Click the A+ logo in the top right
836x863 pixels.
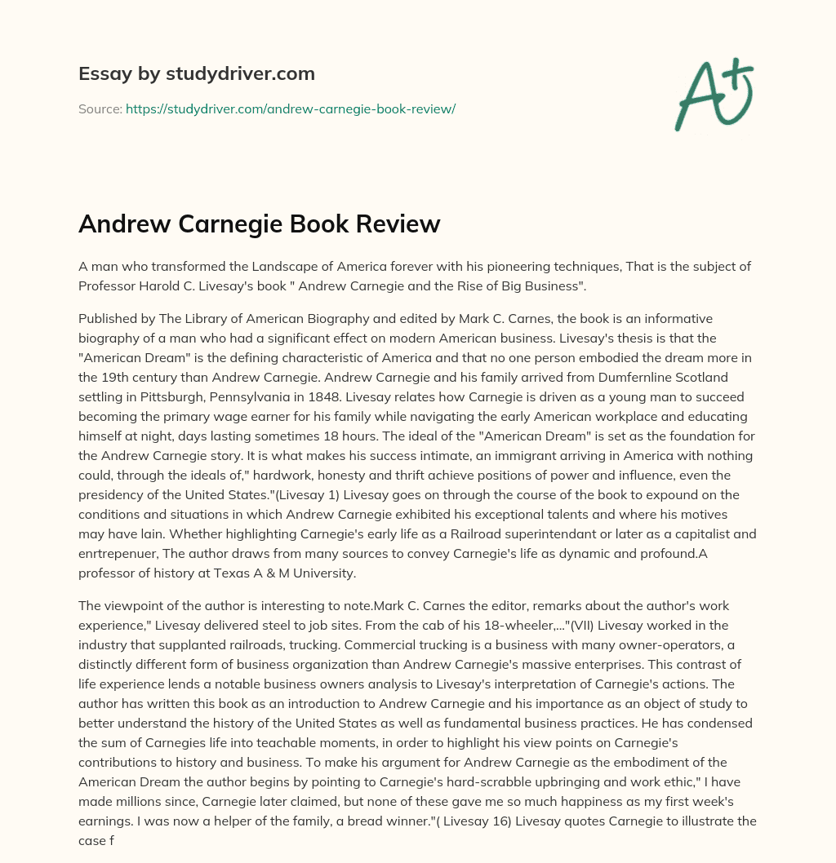(x=713, y=94)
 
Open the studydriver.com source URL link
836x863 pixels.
(x=290, y=108)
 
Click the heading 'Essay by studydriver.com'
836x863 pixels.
(x=196, y=73)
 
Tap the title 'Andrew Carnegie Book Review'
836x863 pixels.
(x=259, y=223)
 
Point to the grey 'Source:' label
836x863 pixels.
(x=100, y=108)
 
